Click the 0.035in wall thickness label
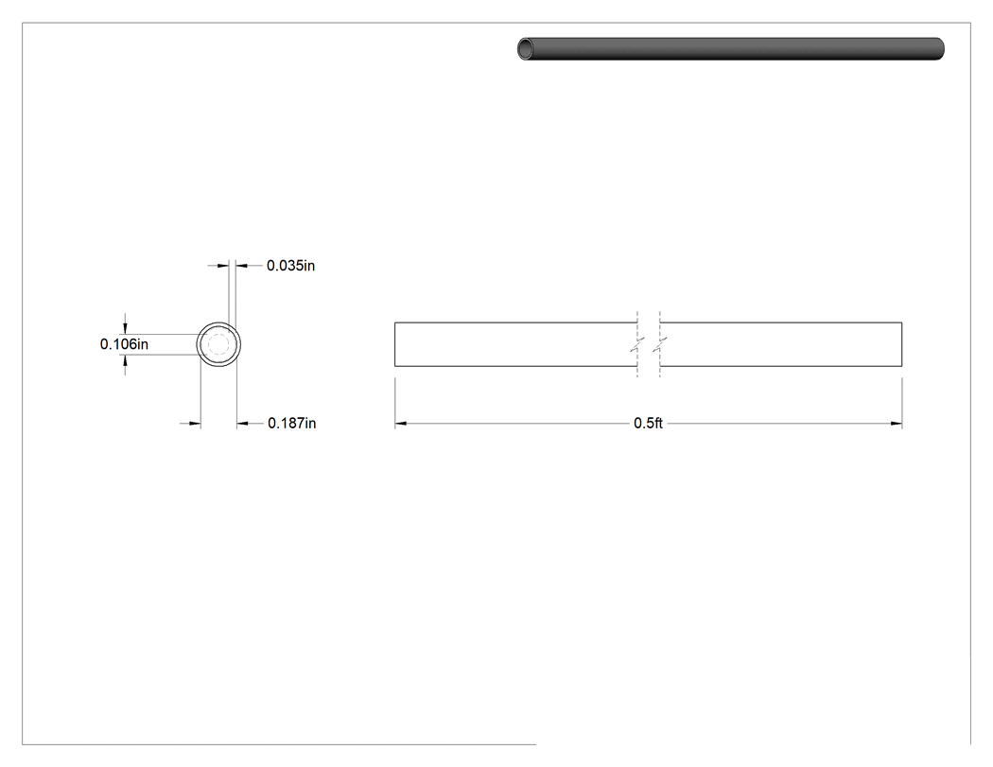pos(290,266)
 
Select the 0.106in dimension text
pos(124,344)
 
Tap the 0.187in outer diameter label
pos(292,423)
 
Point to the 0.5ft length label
pos(648,423)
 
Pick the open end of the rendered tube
pos(526,49)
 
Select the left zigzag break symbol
pos(637,344)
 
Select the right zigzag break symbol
pos(660,344)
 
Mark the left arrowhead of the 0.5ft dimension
pos(400,423)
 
